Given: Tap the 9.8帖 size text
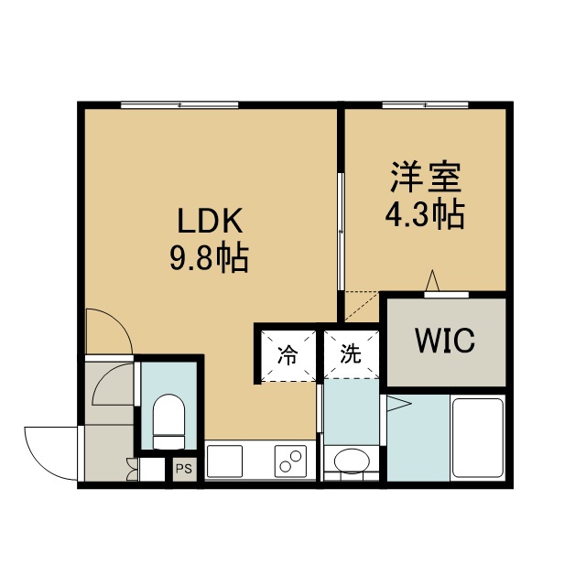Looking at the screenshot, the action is pyautogui.click(x=210, y=259).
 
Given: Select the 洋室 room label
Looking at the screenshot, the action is pyautogui.click(x=426, y=177).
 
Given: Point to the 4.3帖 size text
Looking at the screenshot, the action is pyautogui.click(x=425, y=215).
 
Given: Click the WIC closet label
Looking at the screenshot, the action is pyautogui.click(x=445, y=340).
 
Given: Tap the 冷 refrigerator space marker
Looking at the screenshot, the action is pyautogui.click(x=288, y=355).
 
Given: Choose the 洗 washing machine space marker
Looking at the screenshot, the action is pyautogui.click(x=351, y=353).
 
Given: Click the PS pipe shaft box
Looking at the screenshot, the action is pyautogui.click(x=184, y=468).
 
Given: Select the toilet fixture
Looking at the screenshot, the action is pyautogui.click(x=168, y=421).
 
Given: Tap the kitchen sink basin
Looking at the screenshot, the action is pyautogui.click(x=224, y=461).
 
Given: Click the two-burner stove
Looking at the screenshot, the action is pyautogui.click(x=290, y=461).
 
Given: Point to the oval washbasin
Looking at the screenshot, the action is pyautogui.click(x=351, y=461).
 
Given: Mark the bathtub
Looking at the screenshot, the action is pyautogui.click(x=478, y=438).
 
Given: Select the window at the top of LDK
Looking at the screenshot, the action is pyautogui.click(x=179, y=105).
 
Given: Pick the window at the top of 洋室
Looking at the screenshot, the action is pyautogui.click(x=425, y=105).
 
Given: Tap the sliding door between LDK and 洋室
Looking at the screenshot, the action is pyautogui.click(x=341, y=231).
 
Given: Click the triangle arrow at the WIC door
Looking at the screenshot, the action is pyautogui.click(x=432, y=280).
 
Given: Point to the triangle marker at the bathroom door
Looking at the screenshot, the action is pyautogui.click(x=399, y=404).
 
